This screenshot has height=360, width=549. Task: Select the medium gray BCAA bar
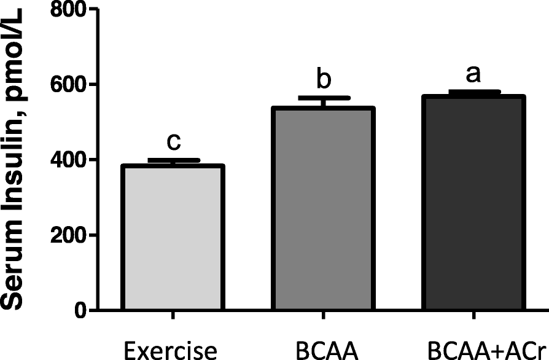point(323,209)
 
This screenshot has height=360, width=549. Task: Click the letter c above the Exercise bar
point(174,142)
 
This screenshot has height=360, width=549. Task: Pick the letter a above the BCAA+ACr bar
point(473,74)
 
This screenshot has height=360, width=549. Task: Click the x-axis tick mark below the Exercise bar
point(174,316)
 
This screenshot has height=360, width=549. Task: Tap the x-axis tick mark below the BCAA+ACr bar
point(473,316)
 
